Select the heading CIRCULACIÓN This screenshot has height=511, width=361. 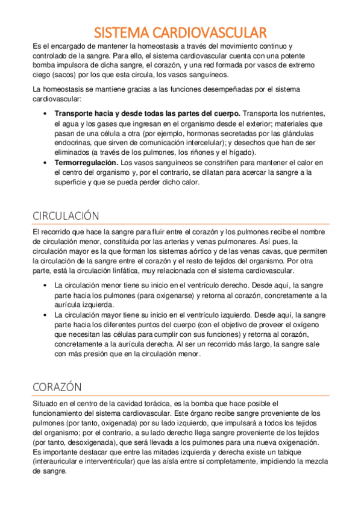[x=66, y=216]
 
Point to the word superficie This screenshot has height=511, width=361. [x=72, y=183]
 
